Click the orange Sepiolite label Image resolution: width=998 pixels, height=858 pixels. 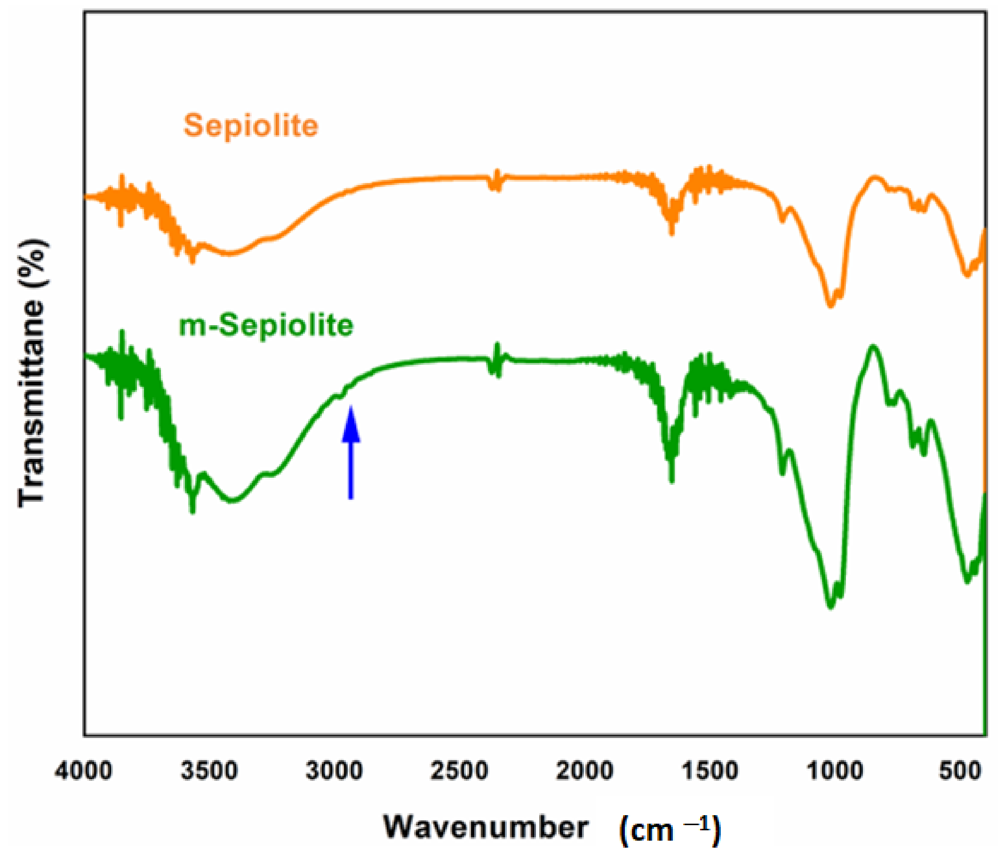[x=251, y=126]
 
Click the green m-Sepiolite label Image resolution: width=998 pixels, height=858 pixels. [x=266, y=326]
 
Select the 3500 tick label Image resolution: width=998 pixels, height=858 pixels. [x=209, y=771]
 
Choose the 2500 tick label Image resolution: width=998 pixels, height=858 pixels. [x=459, y=771]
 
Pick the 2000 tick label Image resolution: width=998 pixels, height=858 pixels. [x=584, y=771]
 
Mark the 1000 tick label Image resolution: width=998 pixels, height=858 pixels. [x=835, y=771]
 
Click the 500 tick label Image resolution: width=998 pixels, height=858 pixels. [x=960, y=771]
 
